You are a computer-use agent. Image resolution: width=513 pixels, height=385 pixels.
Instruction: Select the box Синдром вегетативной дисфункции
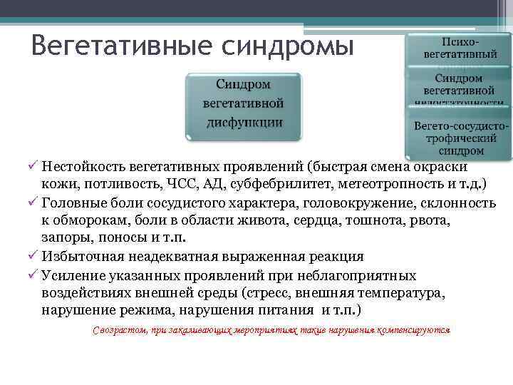244,103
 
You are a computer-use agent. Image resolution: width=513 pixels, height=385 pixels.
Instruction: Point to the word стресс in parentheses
269,293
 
